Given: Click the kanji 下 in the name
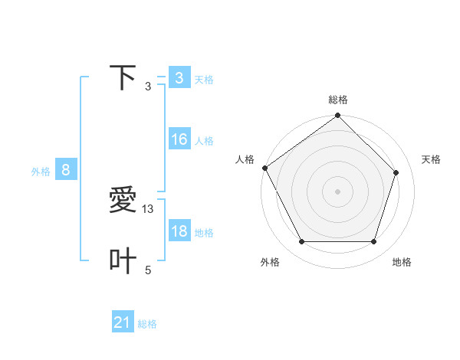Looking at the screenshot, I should pos(123,78).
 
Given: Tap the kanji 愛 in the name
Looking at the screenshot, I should pos(123,201).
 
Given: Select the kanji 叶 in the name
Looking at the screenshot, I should pos(123,261).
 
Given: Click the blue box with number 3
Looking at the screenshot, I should pos(179,78).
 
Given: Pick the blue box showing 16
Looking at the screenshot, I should pos(179,140).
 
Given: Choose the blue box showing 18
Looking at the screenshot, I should pos(179,232).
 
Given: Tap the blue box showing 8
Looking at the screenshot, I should pos(66,171).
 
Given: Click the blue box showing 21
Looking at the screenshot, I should pos(123,323).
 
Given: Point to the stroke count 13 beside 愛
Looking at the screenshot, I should pos(149,208).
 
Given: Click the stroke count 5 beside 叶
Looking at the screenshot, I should pos(148,270).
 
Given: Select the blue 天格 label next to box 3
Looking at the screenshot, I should pos(204,80).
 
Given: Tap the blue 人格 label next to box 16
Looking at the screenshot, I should pos(204,141).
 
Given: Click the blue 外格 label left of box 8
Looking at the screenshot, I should pos(41,172).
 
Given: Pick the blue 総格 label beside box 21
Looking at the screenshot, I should pos(147,325).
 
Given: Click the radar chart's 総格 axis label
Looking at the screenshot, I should pos(337,100).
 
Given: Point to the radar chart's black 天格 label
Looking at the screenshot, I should pos(431,159).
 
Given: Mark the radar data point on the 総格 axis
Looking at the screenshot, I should pos(337,116).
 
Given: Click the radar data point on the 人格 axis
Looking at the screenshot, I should pos(265,168).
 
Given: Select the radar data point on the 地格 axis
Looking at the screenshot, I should pos(374,242).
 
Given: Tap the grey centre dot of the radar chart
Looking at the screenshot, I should pos(337,191).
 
